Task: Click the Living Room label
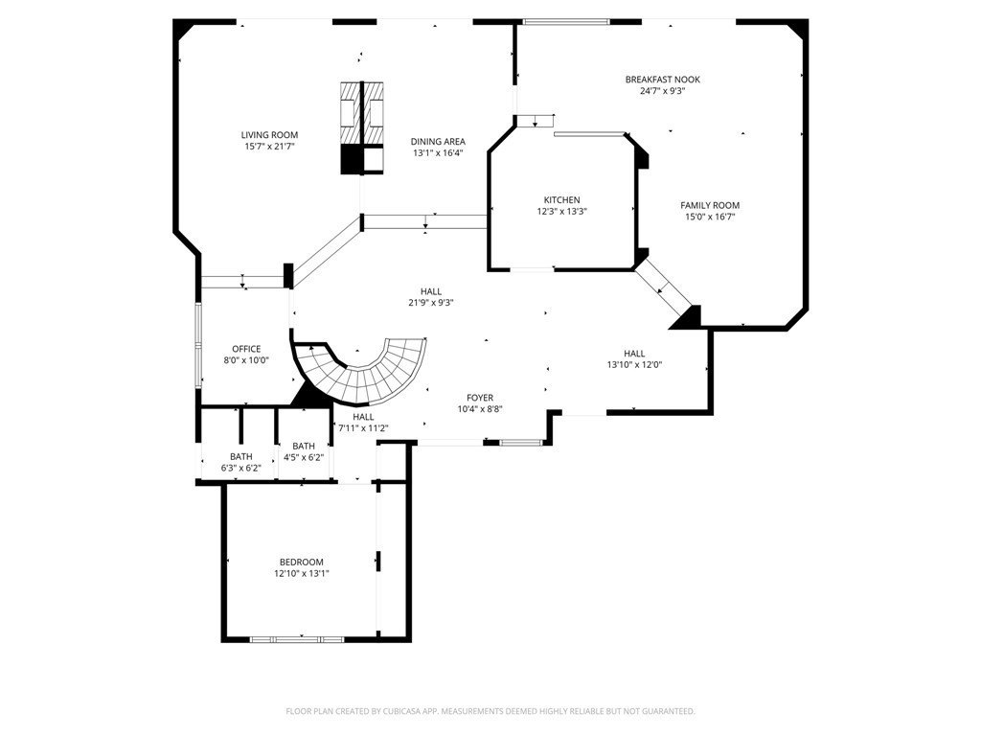pos(269,135)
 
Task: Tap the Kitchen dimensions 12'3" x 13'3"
pos(561,211)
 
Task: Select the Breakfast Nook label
pos(662,80)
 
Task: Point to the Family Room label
pos(710,205)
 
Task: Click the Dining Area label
pos(438,141)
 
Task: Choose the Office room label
pos(246,349)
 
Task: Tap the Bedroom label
pos(301,562)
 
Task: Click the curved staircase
pos(374,372)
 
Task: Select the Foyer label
pos(480,397)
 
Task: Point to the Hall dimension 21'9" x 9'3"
pos(430,303)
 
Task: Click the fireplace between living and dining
pos(363,127)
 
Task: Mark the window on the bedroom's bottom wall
pos(284,638)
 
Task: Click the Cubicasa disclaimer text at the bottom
pos(490,711)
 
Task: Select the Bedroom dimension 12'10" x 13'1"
pos(301,573)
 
